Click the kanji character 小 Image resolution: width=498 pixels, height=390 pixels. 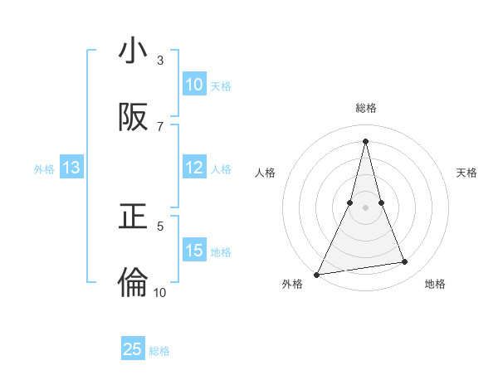coord(133,52)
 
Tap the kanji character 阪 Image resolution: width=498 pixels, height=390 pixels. coord(133,118)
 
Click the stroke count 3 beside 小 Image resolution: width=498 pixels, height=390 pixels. coord(160,61)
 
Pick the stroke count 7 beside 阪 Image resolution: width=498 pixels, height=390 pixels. coord(160,126)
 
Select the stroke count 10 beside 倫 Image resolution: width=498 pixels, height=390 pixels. coord(160,292)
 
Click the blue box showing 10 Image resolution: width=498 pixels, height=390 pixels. coord(194,85)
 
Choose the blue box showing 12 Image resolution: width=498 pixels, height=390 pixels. coord(194,168)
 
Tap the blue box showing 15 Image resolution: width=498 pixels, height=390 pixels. coord(194,250)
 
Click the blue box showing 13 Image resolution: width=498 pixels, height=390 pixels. coord(71,168)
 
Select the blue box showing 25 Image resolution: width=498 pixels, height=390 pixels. coord(133,349)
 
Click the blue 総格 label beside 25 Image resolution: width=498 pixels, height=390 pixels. coord(159,351)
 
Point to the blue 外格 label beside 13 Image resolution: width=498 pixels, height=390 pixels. coord(44,169)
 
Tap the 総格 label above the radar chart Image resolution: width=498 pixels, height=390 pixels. coord(366,109)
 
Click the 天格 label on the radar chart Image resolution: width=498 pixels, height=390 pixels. coord(467,173)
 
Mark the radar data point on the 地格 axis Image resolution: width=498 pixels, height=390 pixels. coord(405,262)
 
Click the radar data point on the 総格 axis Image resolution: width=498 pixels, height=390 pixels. coord(365,141)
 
